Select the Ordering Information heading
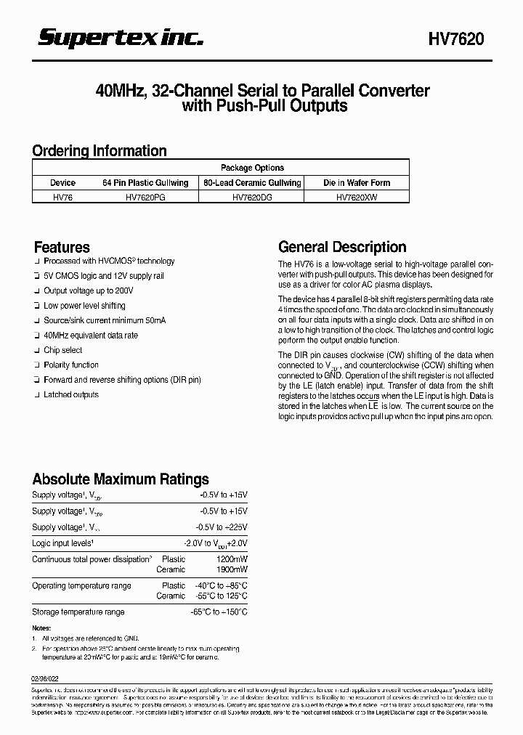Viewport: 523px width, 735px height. coord(100,151)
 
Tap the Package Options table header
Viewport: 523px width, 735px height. coord(252,168)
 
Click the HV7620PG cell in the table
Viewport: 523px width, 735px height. coord(146,196)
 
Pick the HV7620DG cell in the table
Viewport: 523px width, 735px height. coord(252,196)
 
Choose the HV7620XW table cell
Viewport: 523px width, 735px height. coord(357,196)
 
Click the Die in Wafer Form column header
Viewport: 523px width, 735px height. coord(357,183)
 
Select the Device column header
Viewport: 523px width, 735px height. coord(63,183)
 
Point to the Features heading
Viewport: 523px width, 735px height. coord(62,247)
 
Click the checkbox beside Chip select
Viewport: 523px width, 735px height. coord(36,350)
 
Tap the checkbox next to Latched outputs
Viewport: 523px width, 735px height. coord(36,395)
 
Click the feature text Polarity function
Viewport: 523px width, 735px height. coord(71,365)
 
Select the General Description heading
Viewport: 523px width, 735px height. coord(342,247)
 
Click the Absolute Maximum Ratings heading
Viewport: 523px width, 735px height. coord(121,479)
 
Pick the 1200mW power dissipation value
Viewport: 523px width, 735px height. coord(232,559)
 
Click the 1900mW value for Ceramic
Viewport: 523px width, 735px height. coord(232,570)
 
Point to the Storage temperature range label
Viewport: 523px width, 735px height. coord(78,612)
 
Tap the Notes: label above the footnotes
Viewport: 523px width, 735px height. coord(41,628)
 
